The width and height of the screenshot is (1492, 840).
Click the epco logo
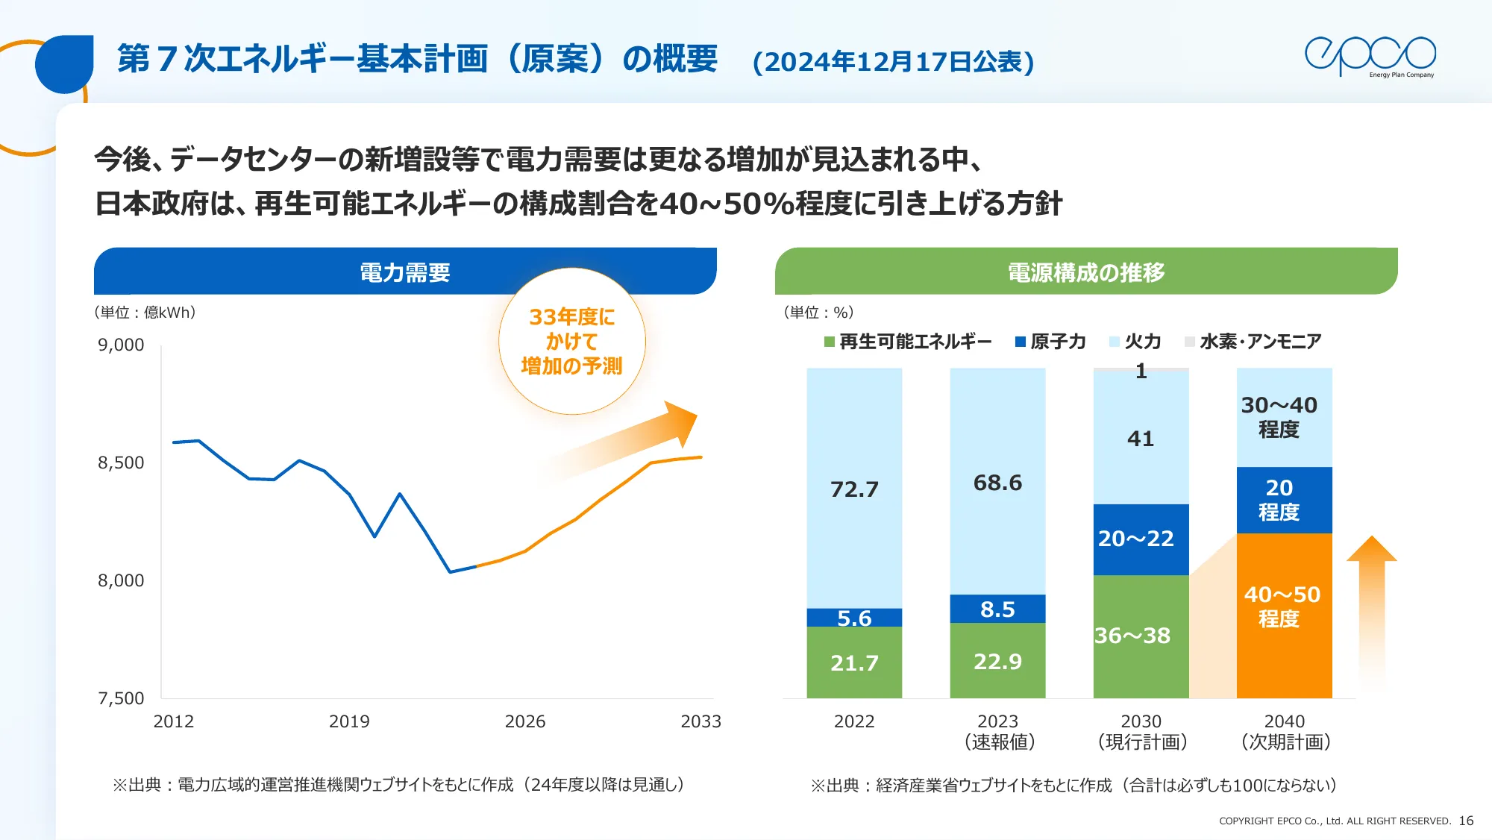1370,56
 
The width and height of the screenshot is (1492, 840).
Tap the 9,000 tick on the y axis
121,345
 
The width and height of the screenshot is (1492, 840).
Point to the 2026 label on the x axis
524,721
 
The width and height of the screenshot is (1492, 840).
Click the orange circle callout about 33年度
571,341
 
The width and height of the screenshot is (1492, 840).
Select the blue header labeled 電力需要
404,272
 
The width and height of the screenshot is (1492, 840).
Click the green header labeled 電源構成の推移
1085,272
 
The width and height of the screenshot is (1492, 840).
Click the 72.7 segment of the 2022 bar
854,489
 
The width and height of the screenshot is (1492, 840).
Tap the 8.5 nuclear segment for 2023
997,609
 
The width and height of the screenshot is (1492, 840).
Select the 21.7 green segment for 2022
854,662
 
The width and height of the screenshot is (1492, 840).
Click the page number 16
1466,821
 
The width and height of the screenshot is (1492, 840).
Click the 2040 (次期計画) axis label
1285,732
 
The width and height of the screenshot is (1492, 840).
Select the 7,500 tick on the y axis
121,698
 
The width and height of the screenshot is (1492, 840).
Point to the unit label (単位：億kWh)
145,313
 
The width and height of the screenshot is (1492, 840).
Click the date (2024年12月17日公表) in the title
893,61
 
